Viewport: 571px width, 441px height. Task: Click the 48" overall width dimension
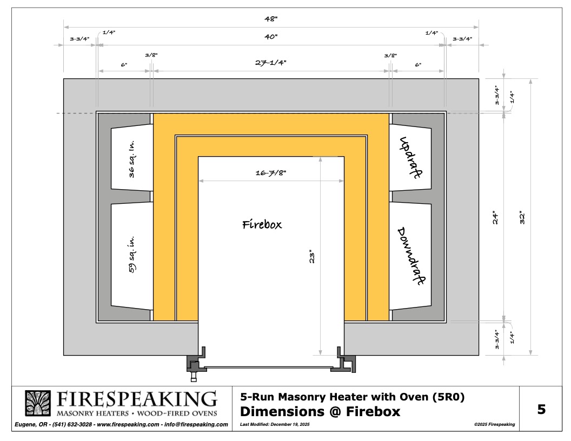271,18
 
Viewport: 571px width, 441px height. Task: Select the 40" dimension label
271,37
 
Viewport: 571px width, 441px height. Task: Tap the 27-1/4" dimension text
270,63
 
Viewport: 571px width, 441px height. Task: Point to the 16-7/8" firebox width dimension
271,173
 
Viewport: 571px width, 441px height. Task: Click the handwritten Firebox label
262,224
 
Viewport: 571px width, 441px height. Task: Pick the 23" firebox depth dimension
311,257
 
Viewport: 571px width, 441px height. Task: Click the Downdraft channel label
411,256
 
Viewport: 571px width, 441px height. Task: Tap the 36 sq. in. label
132,159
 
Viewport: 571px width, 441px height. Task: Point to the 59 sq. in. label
132,255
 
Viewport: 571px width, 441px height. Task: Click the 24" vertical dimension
495,217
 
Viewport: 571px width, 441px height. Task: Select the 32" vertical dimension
522,217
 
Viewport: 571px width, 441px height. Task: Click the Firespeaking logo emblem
38,403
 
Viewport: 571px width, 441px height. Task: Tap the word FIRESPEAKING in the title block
137,399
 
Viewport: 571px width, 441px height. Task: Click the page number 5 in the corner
541,409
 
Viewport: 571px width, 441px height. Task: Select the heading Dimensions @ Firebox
320,411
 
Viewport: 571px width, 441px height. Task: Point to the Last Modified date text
275,424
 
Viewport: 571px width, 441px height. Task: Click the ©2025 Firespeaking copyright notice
495,424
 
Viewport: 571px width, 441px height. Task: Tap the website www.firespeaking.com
128,424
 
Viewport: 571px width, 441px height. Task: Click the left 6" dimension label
124,65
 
